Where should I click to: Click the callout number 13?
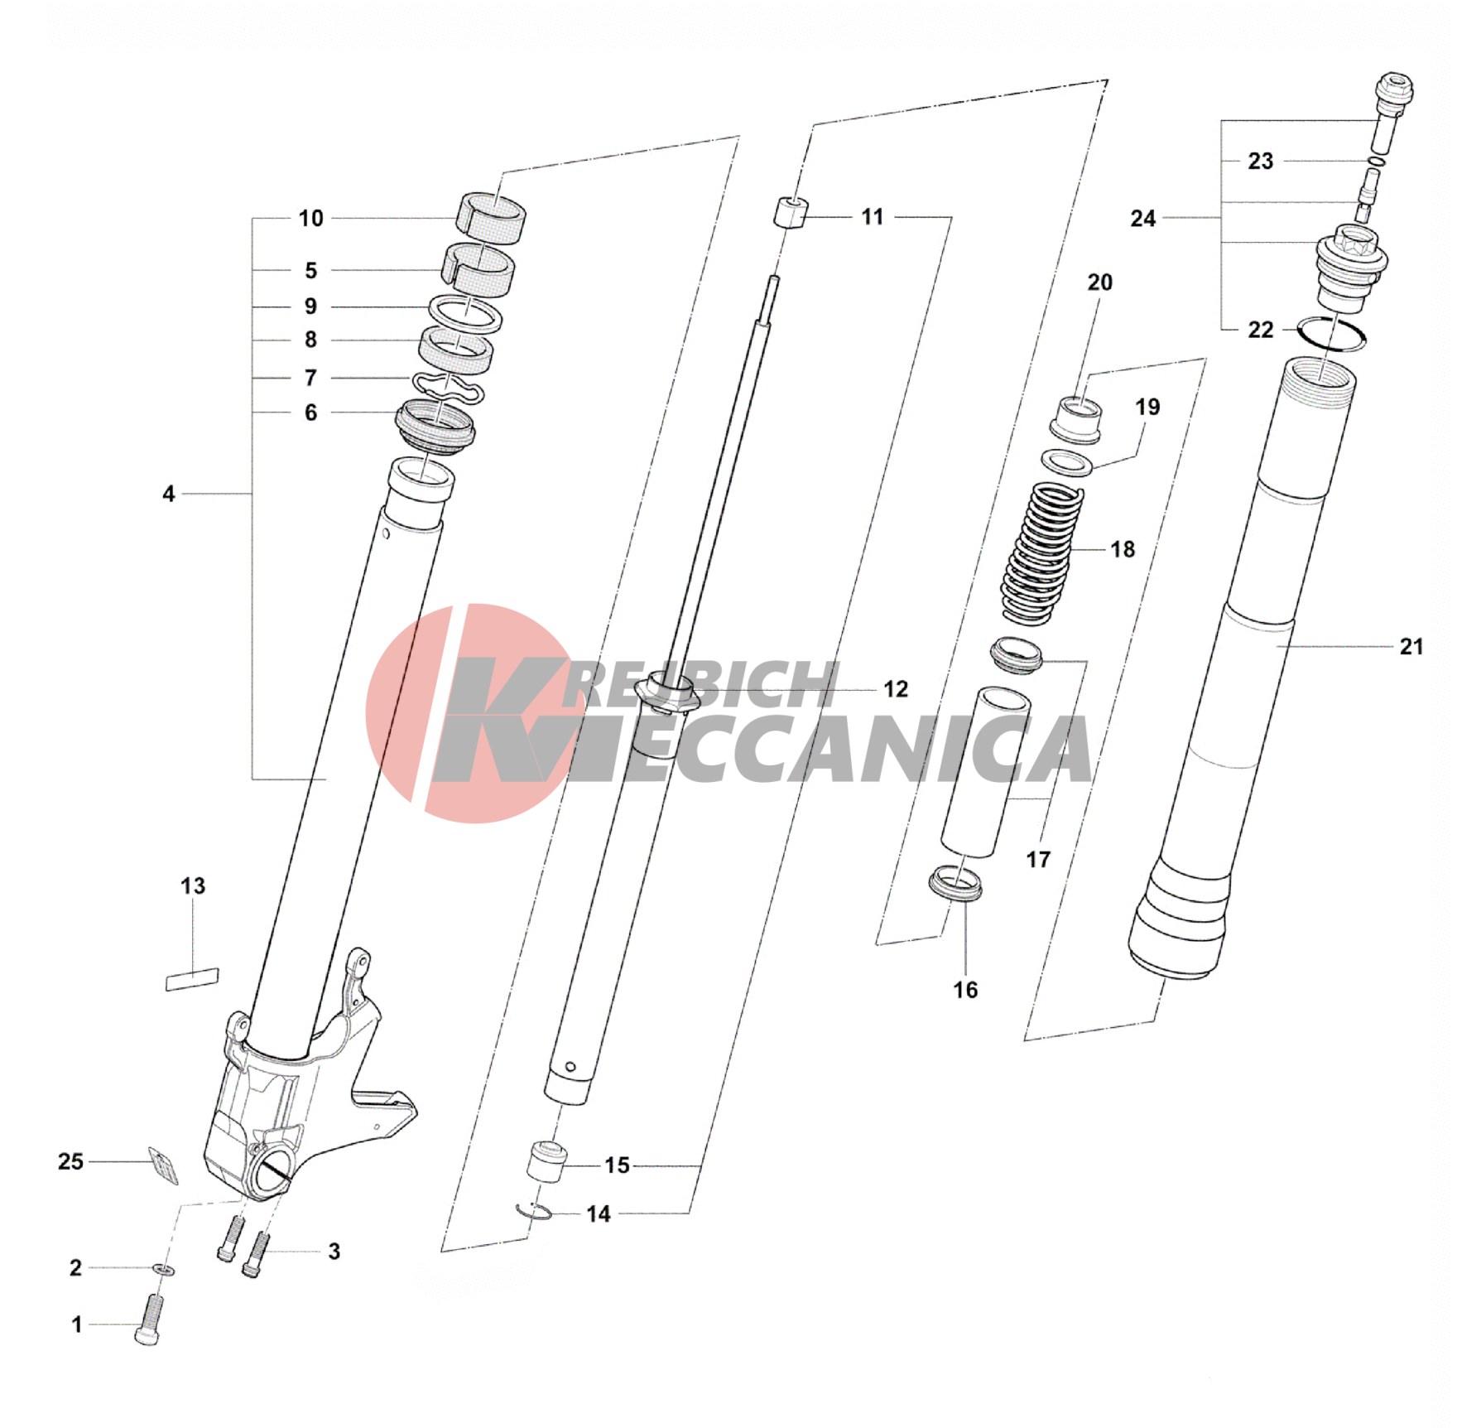(x=193, y=885)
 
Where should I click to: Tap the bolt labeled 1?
(x=149, y=1321)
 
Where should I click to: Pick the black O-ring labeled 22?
(x=1331, y=333)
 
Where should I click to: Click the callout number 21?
(x=1411, y=646)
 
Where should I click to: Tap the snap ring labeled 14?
(x=533, y=1212)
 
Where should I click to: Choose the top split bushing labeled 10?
(x=492, y=218)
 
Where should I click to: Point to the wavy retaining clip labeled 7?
(x=448, y=388)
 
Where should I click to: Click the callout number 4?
(x=169, y=494)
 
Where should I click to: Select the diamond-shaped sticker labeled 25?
(x=163, y=1165)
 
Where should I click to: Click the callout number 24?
(x=1143, y=219)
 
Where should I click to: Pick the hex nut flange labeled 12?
(x=667, y=692)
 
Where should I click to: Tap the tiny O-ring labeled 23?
(x=1375, y=161)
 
